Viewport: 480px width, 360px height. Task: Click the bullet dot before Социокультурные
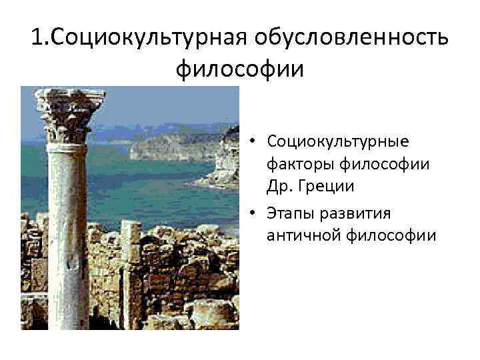point(255,142)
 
